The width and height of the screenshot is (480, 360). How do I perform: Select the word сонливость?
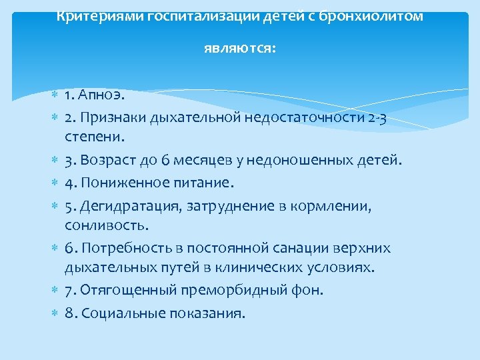pos(100,225)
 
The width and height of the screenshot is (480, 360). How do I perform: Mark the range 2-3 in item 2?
pos(379,119)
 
